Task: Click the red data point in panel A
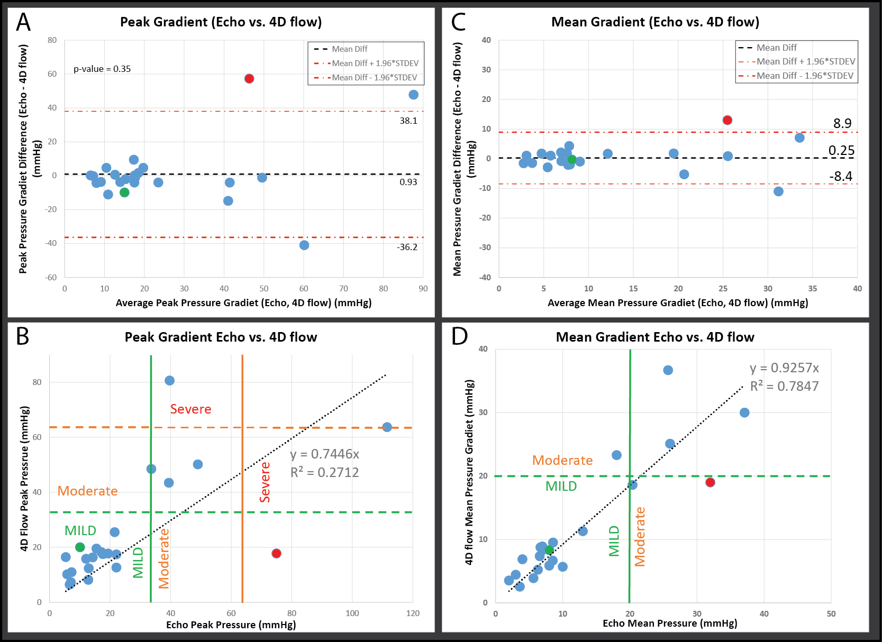pyautogui.click(x=249, y=79)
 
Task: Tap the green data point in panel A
pyautogui.click(x=124, y=192)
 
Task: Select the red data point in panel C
pyautogui.click(x=728, y=120)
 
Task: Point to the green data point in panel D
pyautogui.click(x=549, y=550)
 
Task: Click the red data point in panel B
pyautogui.click(x=276, y=553)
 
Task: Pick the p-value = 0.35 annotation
pyautogui.click(x=102, y=69)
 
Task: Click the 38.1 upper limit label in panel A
pyautogui.click(x=408, y=121)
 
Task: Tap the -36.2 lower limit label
pyautogui.click(x=407, y=247)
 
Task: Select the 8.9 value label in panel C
pyautogui.click(x=842, y=123)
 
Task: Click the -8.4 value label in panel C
pyautogui.click(x=841, y=176)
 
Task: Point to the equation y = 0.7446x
pyautogui.click(x=325, y=454)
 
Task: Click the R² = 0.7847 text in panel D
pyautogui.click(x=784, y=386)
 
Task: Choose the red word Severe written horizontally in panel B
pyautogui.click(x=190, y=409)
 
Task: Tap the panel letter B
pyautogui.click(x=22, y=336)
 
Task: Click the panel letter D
pyautogui.click(x=459, y=336)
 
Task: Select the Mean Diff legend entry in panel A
pyautogui.click(x=349, y=49)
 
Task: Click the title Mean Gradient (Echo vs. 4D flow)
pyautogui.click(x=655, y=22)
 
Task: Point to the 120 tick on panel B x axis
pyautogui.click(x=413, y=613)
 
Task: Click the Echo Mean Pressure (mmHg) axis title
pyautogui.click(x=670, y=623)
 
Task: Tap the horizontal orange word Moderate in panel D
pyautogui.click(x=562, y=460)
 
